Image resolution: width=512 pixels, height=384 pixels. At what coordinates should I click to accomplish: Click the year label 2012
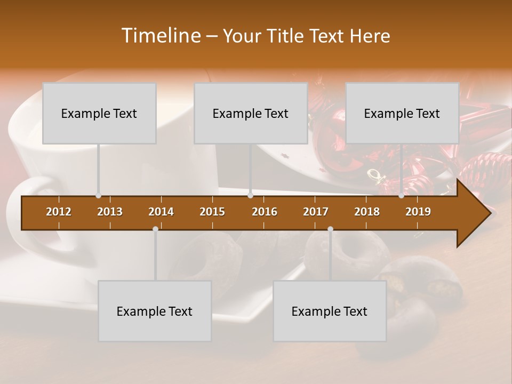pyautogui.click(x=59, y=212)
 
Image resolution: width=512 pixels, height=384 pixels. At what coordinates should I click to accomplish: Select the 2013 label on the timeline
pyautogui.click(x=110, y=212)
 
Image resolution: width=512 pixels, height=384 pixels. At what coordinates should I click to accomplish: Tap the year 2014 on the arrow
pyautogui.click(x=161, y=212)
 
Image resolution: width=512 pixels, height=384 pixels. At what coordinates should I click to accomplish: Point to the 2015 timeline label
pyautogui.click(x=212, y=212)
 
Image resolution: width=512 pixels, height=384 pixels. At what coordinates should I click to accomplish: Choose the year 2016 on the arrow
pyautogui.click(x=265, y=212)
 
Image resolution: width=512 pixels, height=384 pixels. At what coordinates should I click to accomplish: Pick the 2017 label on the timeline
pyautogui.click(x=316, y=212)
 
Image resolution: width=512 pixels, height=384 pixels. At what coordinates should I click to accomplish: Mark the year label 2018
pyautogui.click(x=367, y=212)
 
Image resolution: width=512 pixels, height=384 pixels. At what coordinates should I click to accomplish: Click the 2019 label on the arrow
pyautogui.click(x=418, y=212)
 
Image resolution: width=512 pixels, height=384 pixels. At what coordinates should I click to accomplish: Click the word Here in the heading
pyautogui.click(x=370, y=36)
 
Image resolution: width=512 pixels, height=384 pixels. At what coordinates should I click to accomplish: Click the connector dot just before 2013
pyautogui.click(x=98, y=196)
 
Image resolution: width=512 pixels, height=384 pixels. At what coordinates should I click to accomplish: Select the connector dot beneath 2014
pyautogui.click(x=155, y=229)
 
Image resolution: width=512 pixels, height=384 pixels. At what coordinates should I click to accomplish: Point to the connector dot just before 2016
pyautogui.click(x=250, y=196)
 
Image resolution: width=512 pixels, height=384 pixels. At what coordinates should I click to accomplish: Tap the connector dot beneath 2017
pyautogui.click(x=330, y=229)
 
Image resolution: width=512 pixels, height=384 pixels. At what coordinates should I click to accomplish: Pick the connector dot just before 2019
pyautogui.click(x=401, y=196)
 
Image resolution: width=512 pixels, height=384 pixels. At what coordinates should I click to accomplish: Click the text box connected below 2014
pyautogui.click(x=155, y=311)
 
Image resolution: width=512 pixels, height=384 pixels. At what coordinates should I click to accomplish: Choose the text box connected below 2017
pyautogui.click(x=330, y=311)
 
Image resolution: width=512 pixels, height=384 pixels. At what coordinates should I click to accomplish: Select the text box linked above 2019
pyautogui.click(x=402, y=113)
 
